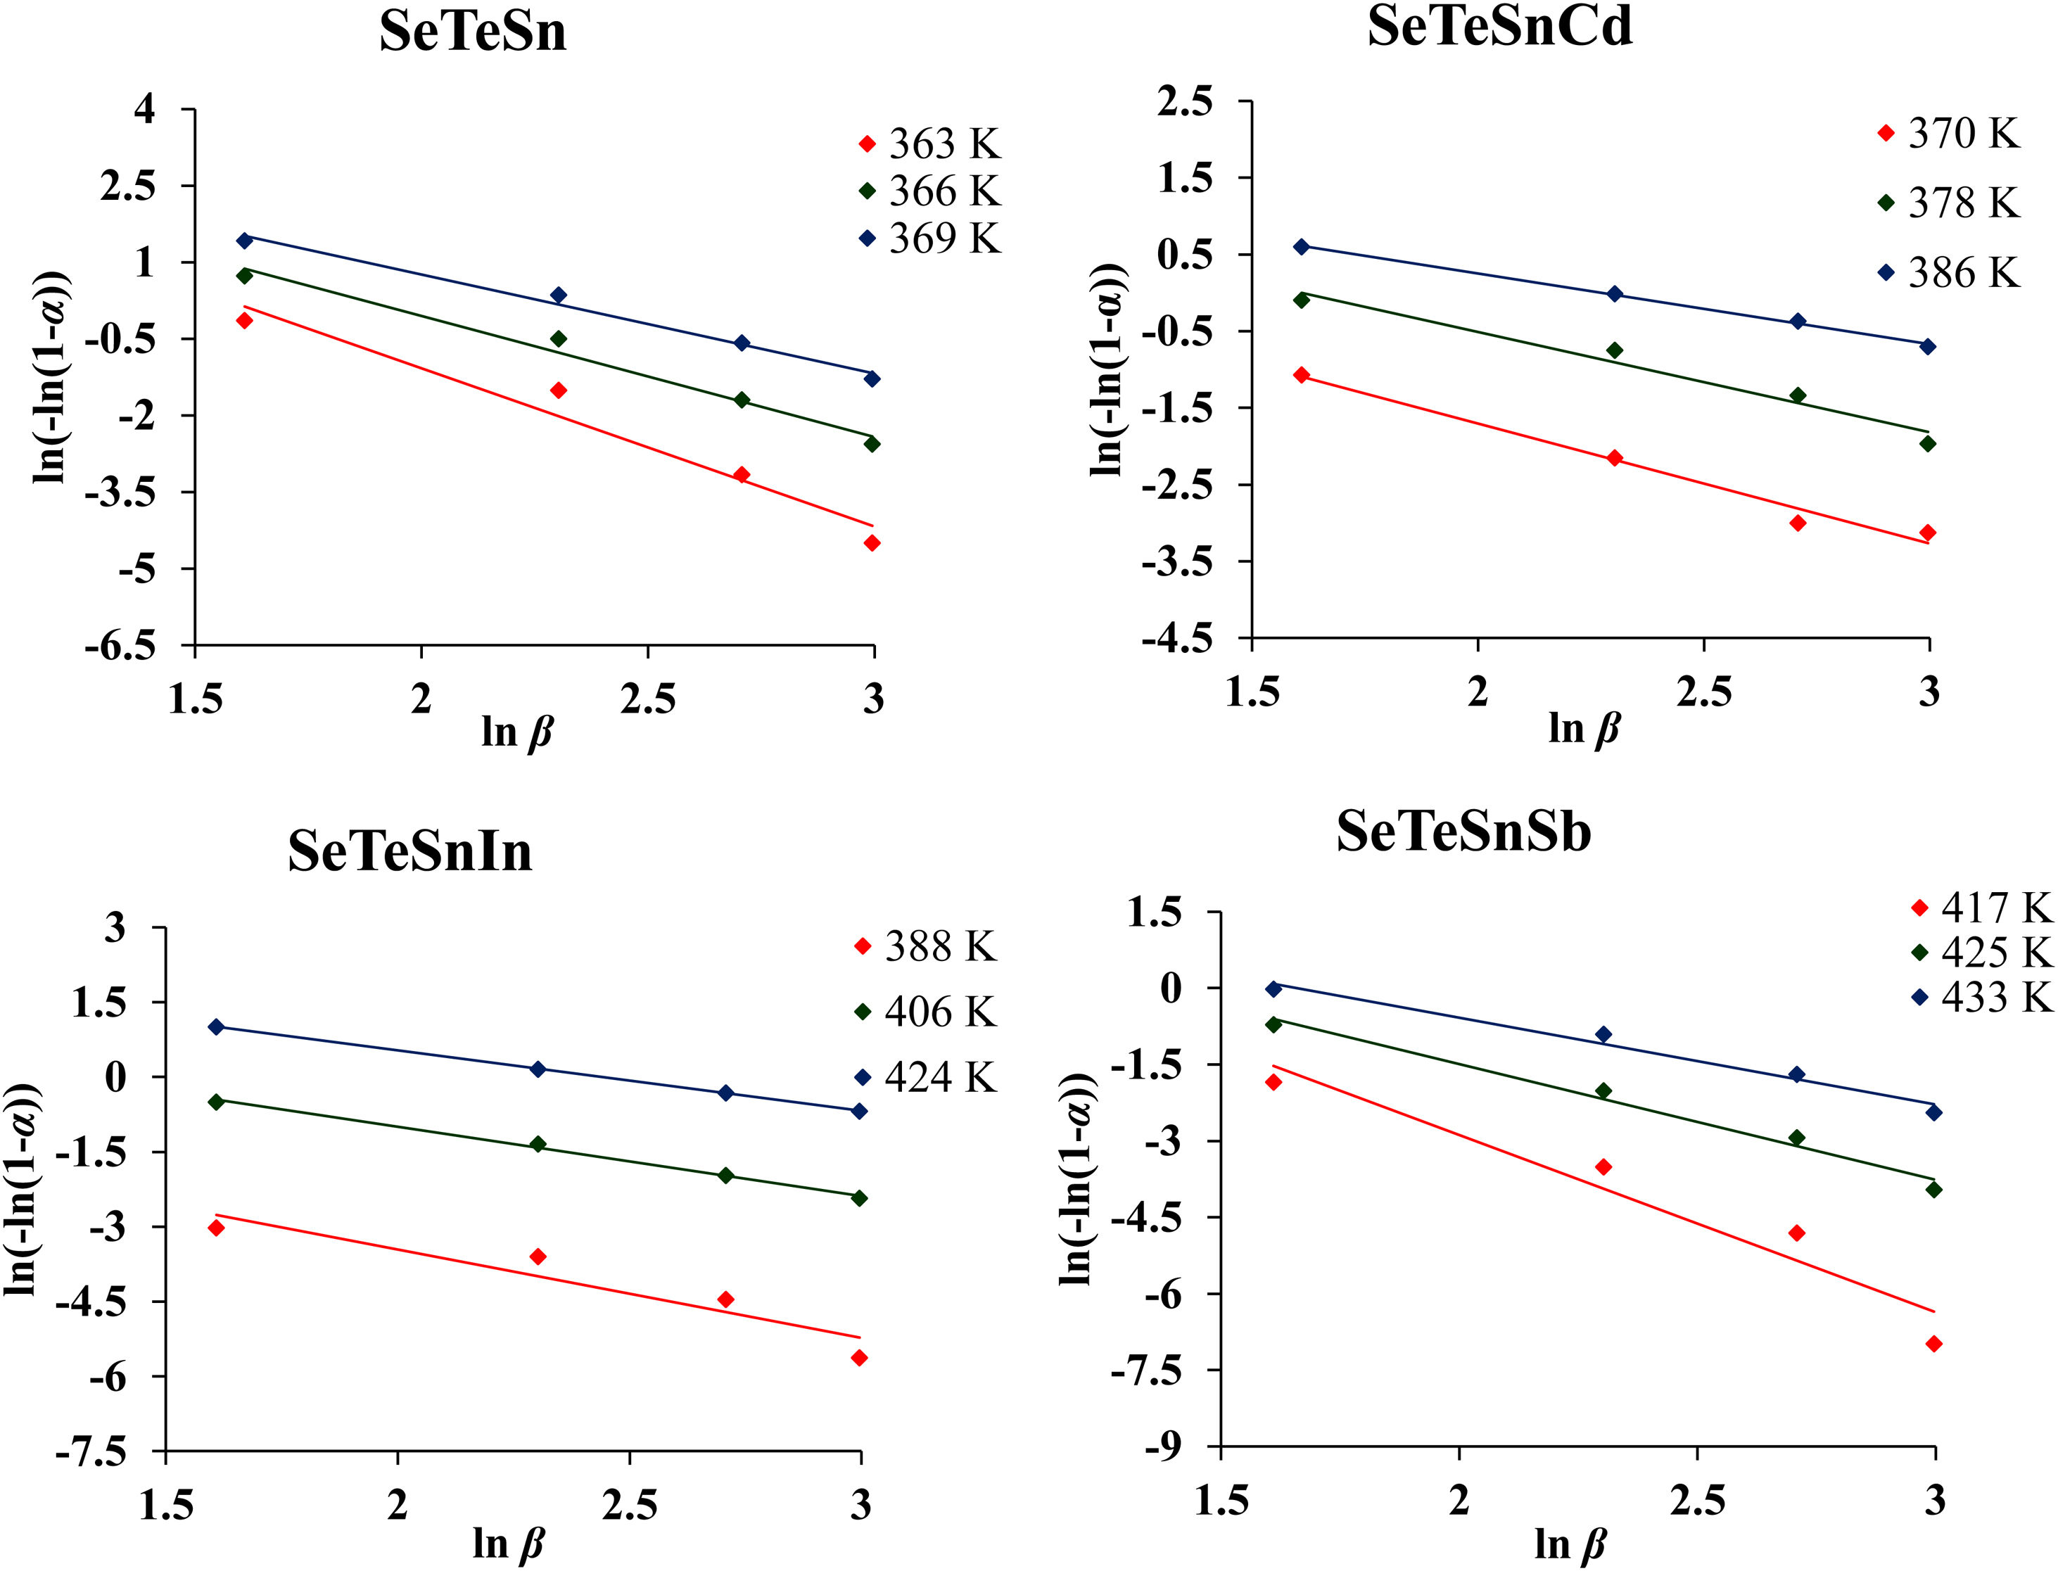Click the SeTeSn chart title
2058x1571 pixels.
pyautogui.click(x=472, y=32)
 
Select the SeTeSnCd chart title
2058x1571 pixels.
pyautogui.click(x=1500, y=26)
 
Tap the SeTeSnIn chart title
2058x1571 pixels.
pyautogui.click(x=409, y=851)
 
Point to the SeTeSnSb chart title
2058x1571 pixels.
pyautogui.click(x=1463, y=832)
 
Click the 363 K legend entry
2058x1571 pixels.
pyautogui.click(x=944, y=144)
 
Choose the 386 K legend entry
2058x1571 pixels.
pyautogui.click(x=1962, y=273)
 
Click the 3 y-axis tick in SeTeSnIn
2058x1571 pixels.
pyautogui.click(x=114, y=929)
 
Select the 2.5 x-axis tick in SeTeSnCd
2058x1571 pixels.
pyautogui.click(x=1703, y=693)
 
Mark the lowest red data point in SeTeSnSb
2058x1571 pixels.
pyautogui.click(x=1933, y=1344)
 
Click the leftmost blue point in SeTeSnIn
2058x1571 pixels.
pyautogui.click(x=216, y=1026)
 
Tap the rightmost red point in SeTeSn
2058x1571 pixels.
pyautogui.click(x=872, y=543)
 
